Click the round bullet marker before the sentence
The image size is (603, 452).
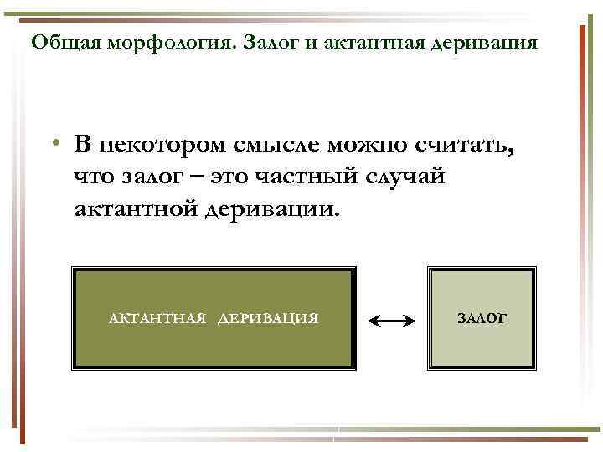[x=53, y=145]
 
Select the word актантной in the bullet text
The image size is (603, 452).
[x=135, y=208]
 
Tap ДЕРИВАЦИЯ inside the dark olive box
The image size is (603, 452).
[x=268, y=319]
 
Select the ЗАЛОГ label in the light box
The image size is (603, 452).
[x=482, y=318]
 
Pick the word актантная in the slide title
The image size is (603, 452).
[x=372, y=43]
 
